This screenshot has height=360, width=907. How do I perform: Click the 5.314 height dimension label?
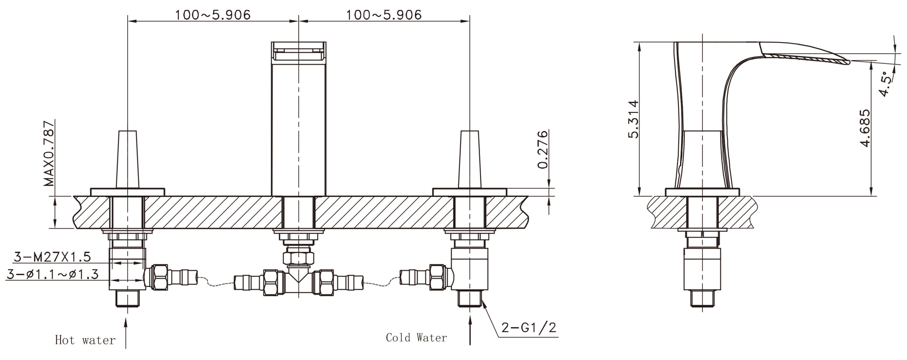click(632, 119)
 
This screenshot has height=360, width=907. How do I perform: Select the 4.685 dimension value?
click(865, 128)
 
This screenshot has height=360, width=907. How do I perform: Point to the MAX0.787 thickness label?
click(48, 153)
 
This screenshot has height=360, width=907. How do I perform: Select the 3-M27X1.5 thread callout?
click(52, 256)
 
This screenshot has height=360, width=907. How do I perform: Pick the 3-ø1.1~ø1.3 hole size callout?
click(52, 274)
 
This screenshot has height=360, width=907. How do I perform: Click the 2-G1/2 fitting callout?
click(529, 328)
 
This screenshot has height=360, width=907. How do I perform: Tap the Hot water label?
click(85, 340)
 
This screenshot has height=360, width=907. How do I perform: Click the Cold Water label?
click(416, 338)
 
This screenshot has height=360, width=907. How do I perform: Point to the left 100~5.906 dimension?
click(213, 15)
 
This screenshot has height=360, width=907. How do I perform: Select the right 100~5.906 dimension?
click(383, 15)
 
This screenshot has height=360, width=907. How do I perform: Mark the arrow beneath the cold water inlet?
click(469, 331)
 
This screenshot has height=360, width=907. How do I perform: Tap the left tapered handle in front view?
click(127, 159)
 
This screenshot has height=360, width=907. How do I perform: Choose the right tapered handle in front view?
click(469, 159)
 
